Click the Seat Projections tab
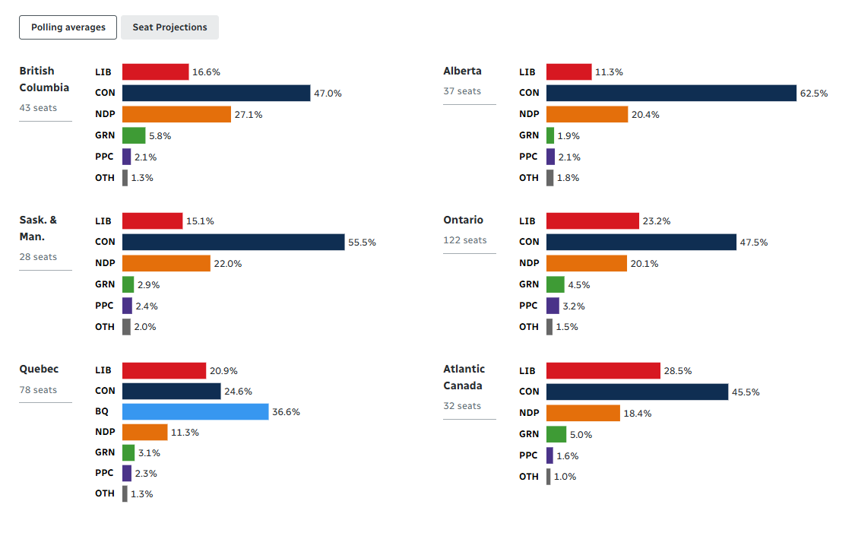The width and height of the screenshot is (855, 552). click(x=169, y=27)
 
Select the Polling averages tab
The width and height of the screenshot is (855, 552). click(x=68, y=27)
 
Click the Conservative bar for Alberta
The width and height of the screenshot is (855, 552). click(x=670, y=93)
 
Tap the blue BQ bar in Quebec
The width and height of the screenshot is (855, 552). click(x=195, y=411)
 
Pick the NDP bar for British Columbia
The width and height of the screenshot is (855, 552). click(x=176, y=114)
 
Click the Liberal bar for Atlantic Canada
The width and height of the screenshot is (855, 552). click(x=603, y=370)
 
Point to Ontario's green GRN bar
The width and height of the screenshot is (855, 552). click(x=555, y=284)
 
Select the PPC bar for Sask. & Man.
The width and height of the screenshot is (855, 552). click(x=127, y=306)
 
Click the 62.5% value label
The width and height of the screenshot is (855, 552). click(x=813, y=94)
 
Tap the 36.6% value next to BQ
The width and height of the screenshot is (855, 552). click(x=286, y=412)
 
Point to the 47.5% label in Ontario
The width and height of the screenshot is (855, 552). click(x=754, y=243)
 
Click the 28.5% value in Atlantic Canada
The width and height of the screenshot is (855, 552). click(x=678, y=371)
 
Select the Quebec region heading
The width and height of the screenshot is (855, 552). click(x=39, y=369)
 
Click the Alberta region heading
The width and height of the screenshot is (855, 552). click(x=462, y=71)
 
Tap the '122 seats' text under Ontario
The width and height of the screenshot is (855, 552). click(x=464, y=240)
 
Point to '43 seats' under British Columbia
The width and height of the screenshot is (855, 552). click(x=38, y=108)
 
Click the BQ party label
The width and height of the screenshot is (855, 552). click(x=102, y=411)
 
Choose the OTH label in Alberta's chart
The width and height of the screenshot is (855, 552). click(x=528, y=178)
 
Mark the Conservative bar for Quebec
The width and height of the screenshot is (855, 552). click(x=172, y=391)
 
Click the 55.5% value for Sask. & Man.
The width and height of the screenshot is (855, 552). click(x=362, y=243)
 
